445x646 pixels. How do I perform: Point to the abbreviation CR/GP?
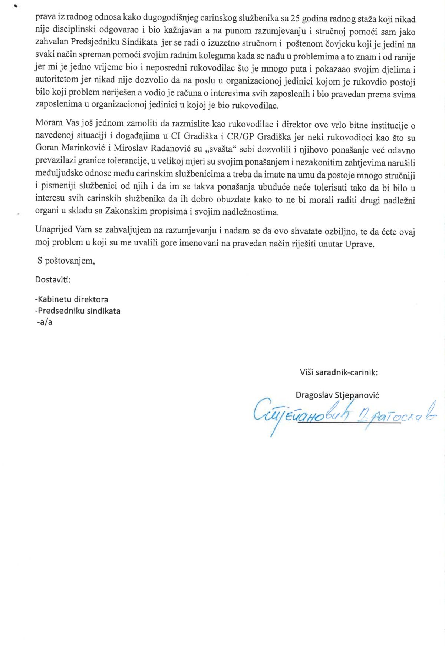[241, 137]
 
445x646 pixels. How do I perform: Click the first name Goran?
[47, 148]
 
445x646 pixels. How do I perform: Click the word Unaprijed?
[53, 229]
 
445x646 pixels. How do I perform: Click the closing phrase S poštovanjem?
[66, 261]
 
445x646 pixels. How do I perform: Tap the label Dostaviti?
[53, 280]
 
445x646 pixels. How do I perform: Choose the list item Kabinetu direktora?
[72, 299]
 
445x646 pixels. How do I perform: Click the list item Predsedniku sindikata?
[78, 311]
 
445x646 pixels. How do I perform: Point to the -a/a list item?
[44, 322]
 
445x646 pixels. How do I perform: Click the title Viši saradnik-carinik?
[339, 372]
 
